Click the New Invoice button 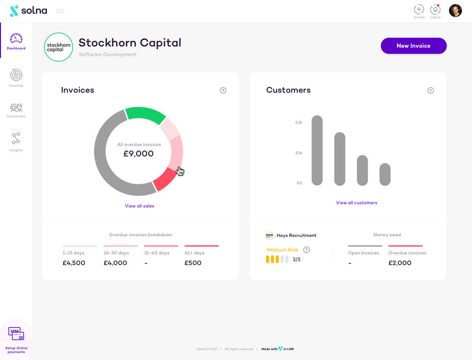(x=413, y=46)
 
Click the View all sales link (x=139, y=206)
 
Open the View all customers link (x=356, y=203)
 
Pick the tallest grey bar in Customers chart (x=317, y=150)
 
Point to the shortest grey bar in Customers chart (x=385, y=174)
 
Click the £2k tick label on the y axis (x=298, y=122)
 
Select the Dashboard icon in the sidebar (x=16, y=38)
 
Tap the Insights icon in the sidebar (x=16, y=139)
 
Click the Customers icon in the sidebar (x=16, y=108)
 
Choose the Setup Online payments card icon (x=16, y=333)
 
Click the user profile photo (x=455, y=10)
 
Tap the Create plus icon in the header (x=419, y=9)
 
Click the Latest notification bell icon (x=435, y=10)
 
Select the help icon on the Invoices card (x=223, y=90)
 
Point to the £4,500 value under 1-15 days (x=74, y=263)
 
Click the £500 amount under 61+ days (x=193, y=263)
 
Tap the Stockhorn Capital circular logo (x=59, y=47)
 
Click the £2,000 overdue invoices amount (x=400, y=263)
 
